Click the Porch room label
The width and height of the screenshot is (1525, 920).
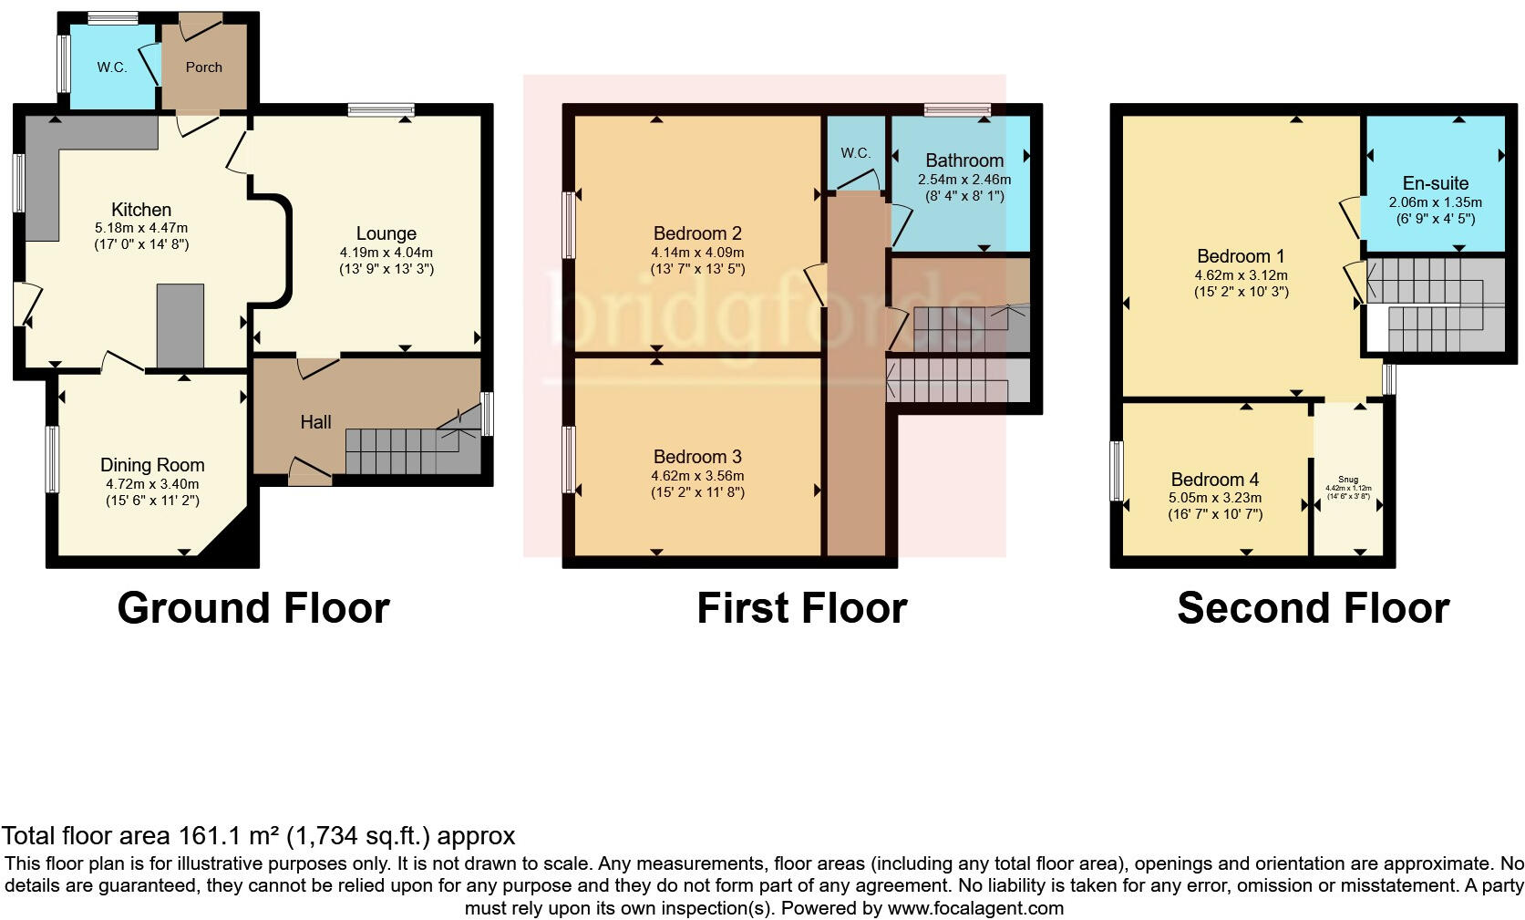[x=203, y=67]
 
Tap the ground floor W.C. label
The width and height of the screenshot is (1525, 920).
[x=112, y=67]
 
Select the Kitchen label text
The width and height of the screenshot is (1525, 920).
[x=141, y=210]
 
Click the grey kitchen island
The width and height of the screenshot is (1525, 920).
[x=180, y=325]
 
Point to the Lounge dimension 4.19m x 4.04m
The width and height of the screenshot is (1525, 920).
[x=386, y=253]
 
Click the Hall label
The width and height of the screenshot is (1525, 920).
[x=315, y=422]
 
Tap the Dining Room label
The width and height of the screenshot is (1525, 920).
[x=152, y=465]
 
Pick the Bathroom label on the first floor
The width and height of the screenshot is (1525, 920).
[x=964, y=160]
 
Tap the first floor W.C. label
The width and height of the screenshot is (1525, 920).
[x=855, y=153]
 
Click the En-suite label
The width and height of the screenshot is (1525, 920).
[x=1435, y=183]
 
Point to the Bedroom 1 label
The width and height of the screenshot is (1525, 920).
[x=1241, y=255]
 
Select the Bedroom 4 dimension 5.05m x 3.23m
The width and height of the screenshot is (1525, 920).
[x=1215, y=498]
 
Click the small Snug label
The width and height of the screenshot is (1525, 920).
[x=1347, y=480]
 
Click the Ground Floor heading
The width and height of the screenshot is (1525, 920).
[x=253, y=608]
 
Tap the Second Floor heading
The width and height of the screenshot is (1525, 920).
[x=1313, y=608]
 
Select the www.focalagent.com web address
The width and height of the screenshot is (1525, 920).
[x=974, y=908]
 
